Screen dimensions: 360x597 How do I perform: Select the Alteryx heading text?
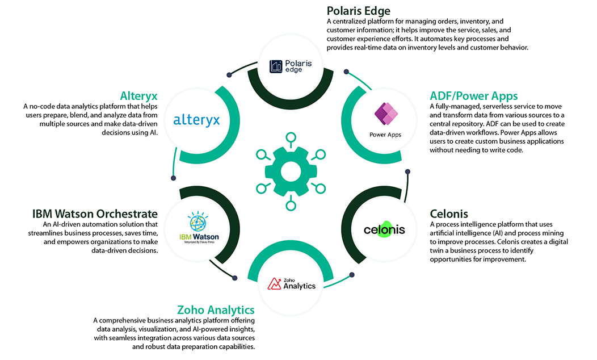(138, 95)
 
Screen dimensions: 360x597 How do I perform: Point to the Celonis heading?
(449, 214)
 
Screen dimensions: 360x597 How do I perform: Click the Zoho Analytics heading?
(216, 310)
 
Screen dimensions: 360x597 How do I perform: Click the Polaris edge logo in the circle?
(291, 66)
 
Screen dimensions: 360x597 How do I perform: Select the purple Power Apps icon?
(385, 114)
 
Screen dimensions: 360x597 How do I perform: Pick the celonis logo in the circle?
(385, 228)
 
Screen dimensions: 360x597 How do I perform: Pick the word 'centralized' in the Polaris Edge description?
(354, 22)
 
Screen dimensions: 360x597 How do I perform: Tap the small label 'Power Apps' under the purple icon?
(385, 135)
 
